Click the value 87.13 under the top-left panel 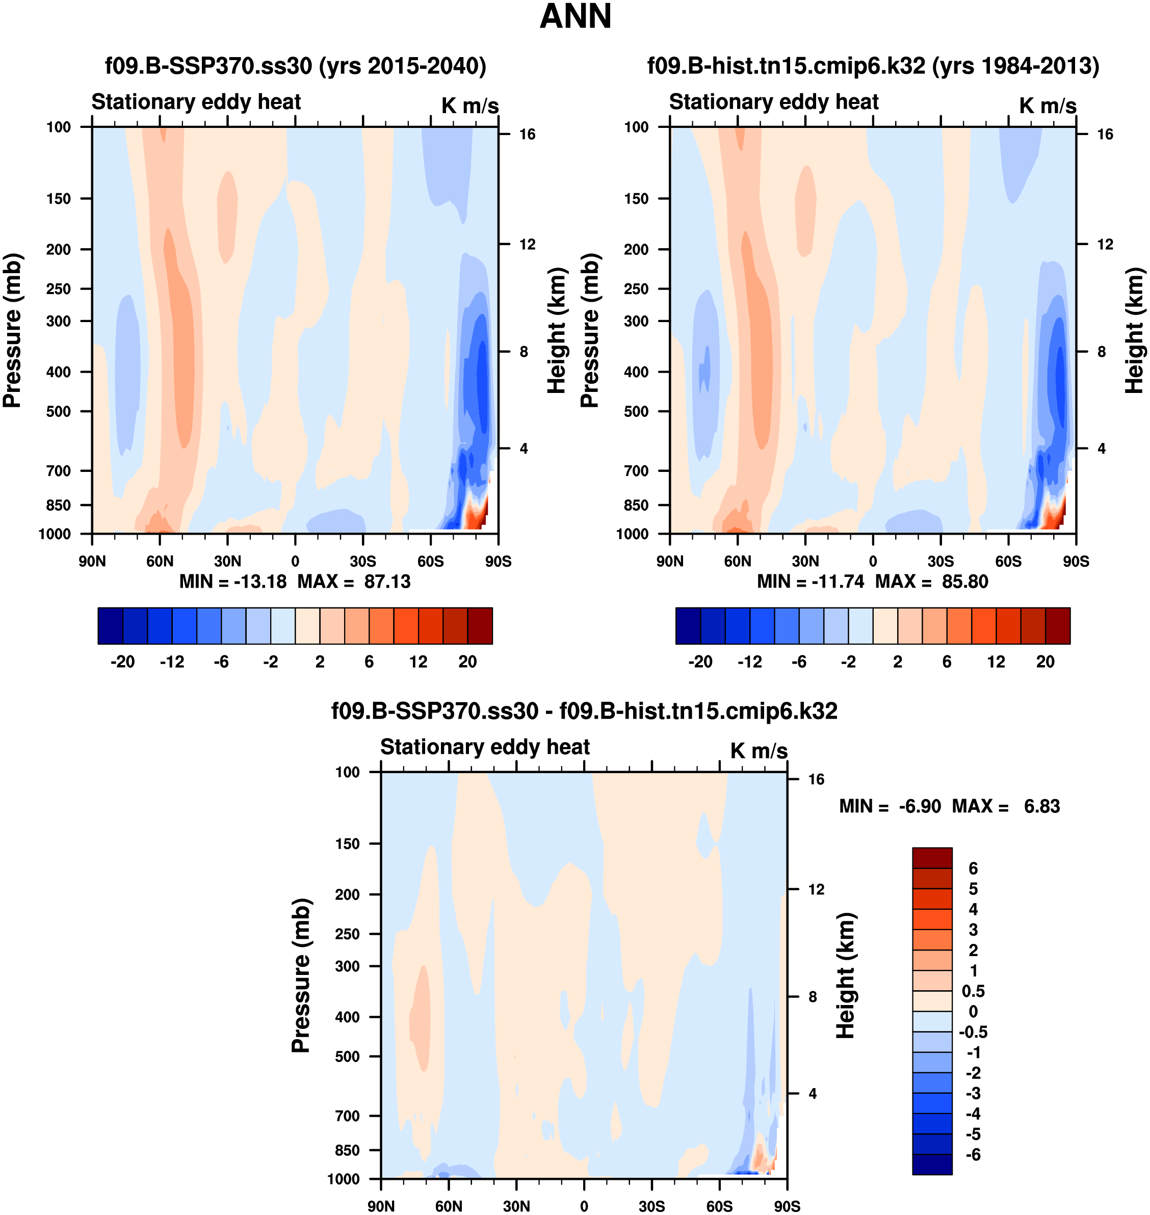click(387, 581)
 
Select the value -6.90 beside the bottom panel click(920, 806)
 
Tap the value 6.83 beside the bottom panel click(1041, 806)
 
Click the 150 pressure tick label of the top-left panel click(58, 199)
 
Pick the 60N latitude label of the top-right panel click(738, 561)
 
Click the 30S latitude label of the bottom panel click(651, 1206)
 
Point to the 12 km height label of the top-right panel click(1105, 245)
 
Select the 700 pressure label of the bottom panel click(347, 1116)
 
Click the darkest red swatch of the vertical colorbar click(932, 858)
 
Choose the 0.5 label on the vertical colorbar click(973, 991)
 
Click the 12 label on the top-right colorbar click(996, 662)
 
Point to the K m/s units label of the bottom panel click(759, 751)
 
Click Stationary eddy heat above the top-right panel click(774, 102)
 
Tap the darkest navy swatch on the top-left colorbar click(110, 626)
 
